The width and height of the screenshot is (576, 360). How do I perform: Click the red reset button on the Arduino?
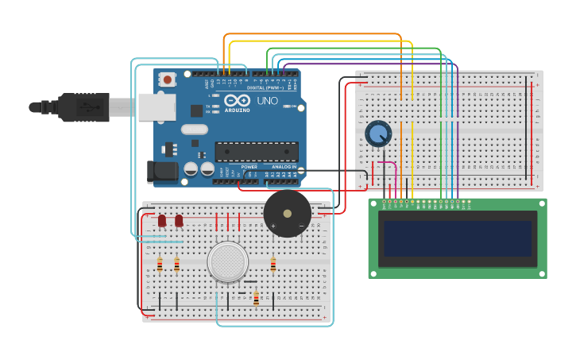168,79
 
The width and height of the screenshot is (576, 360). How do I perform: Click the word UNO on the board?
267,101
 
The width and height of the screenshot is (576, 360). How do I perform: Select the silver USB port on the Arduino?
157,106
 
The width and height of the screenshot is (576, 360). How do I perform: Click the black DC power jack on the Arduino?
161,170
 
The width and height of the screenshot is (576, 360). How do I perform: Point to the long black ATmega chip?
257,151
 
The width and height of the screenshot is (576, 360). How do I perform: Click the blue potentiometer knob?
378,134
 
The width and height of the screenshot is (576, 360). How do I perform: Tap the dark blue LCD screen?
457,238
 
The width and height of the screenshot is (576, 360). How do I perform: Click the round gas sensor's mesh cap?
228,261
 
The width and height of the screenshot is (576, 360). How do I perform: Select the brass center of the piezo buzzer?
287,213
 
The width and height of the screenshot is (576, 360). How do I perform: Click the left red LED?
162,220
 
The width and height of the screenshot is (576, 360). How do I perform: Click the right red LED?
179,220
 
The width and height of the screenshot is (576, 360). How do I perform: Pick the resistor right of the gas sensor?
273,265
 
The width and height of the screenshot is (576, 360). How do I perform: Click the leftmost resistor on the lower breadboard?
160,265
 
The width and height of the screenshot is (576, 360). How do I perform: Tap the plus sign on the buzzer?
273,226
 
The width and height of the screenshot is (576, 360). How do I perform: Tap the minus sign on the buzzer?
301,226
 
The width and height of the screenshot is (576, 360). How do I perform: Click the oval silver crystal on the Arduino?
194,129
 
